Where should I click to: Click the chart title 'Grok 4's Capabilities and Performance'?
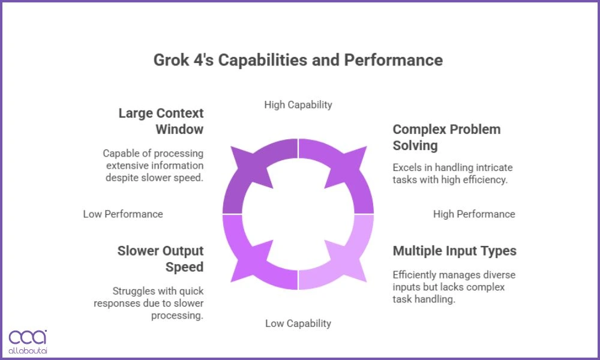tap(298, 60)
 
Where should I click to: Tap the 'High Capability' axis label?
tap(298, 104)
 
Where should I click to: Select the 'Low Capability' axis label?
tap(298, 323)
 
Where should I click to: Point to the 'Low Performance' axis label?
tap(123, 214)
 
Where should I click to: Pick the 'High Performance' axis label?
tap(474, 214)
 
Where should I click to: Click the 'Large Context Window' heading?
tap(161, 121)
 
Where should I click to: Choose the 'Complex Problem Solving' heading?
tap(446, 137)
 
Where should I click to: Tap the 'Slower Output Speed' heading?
tap(160, 259)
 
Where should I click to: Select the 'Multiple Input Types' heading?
tap(454, 251)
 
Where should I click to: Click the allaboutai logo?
tap(28, 341)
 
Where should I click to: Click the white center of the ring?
tap(298, 214)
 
